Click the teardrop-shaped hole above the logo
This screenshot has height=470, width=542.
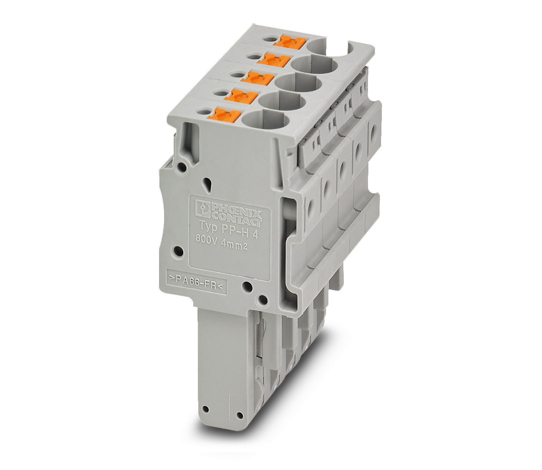pos(207,185)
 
